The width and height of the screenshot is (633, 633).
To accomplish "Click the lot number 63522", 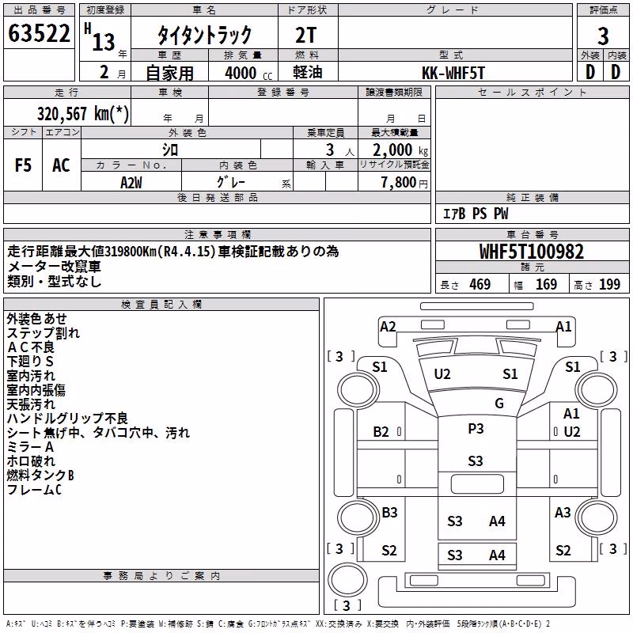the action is [x=39, y=33].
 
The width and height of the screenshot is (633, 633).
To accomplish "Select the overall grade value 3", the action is [x=603, y=36].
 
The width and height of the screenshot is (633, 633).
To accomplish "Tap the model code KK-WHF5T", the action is [x=453, y=73].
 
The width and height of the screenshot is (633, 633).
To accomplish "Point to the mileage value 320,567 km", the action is [x=83, y=114].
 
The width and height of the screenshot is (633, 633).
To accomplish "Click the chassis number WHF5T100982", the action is [x=531, y=252].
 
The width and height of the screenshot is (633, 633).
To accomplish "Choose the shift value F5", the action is [x=23, y=165].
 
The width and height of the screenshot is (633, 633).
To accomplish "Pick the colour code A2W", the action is [x=131, y=183].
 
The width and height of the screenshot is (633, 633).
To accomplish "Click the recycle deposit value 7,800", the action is [x=399, y=183].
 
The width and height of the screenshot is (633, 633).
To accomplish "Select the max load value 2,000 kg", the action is [x=400, y=150].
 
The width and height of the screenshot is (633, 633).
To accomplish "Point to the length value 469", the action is [x=480, y=284].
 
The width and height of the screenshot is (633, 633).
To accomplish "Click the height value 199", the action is [x=609, y=284].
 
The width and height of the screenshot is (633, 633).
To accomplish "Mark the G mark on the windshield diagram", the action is [x=499, y=403].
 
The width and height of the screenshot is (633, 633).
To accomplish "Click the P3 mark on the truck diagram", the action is [x=476, y=428].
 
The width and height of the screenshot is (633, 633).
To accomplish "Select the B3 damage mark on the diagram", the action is [x=389, y=512].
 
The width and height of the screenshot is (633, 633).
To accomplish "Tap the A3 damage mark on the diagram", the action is [x=563, y=512].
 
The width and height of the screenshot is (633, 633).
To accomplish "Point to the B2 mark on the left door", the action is [x=381, y=432].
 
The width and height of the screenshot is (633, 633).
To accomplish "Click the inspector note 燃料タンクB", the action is [x=40, y=476].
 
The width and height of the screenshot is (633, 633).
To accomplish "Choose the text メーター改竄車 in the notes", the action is [x=54, y=267].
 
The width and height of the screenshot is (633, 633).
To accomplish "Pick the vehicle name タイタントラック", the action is [x=204, y=35].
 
